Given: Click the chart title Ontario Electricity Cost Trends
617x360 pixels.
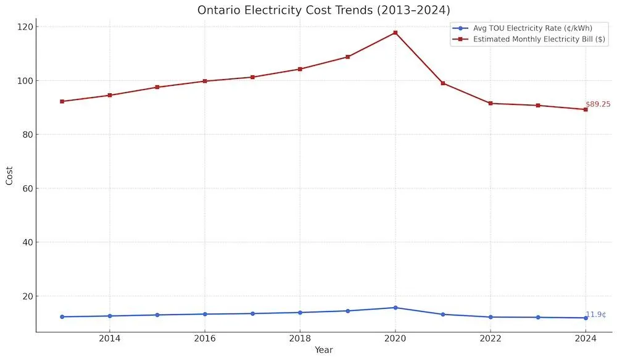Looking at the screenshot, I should click(x=324, y=10).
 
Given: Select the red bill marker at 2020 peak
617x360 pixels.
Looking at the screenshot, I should click(x=395, y=32).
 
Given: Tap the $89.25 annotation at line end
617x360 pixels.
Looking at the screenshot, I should click(x=598, y=104).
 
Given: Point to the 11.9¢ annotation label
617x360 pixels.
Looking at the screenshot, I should click(x=595, y=314).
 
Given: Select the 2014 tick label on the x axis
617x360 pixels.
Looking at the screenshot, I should click(x=110, y=338).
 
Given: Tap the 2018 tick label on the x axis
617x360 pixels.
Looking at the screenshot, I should click(x=300, y=338).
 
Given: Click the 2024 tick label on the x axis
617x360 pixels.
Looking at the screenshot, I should click(x=586, y=338).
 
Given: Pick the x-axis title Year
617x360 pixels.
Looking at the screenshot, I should click(x=324, y=350).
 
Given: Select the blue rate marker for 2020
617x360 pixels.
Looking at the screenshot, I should click(x=395, y=308).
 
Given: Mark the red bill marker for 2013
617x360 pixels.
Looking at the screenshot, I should click(x=62, y=101).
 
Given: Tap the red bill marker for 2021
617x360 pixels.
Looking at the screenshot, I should click(x=443, y=83).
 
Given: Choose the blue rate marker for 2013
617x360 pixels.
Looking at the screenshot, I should click(x=62, y=317).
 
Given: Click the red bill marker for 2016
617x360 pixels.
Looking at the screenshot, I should click(x=205, y=81).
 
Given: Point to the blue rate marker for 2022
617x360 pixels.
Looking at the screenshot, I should click(x=491, y=317).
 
